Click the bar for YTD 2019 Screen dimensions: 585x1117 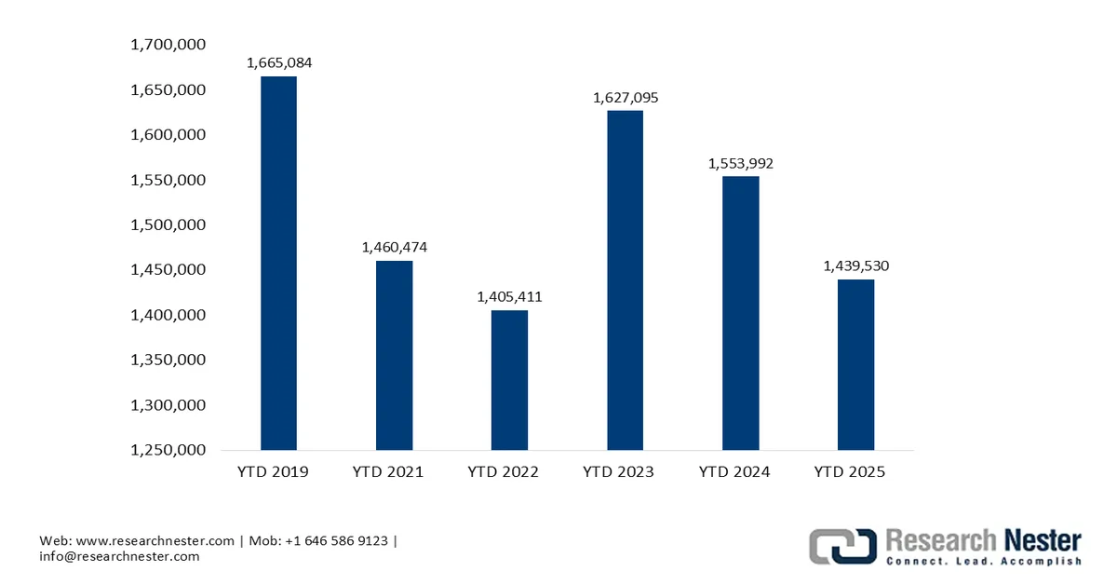[x=278, y=263]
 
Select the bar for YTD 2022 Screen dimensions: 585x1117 [x=509, y=380]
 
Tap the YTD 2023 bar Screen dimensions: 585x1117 [x=625, y=279]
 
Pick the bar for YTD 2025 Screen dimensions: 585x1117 [x=855, y=364]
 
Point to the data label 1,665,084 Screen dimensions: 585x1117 [x=278, y=63]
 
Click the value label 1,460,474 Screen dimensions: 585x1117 [x=394, y=247]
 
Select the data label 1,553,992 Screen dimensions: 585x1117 [x=740, y=163]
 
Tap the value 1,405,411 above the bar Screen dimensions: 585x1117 [x=509, y=297]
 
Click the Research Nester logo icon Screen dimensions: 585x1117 [x=842, y=546]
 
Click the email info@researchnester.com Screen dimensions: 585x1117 [x=119, y=556]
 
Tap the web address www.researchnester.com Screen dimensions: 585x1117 [x=155, y=540]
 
